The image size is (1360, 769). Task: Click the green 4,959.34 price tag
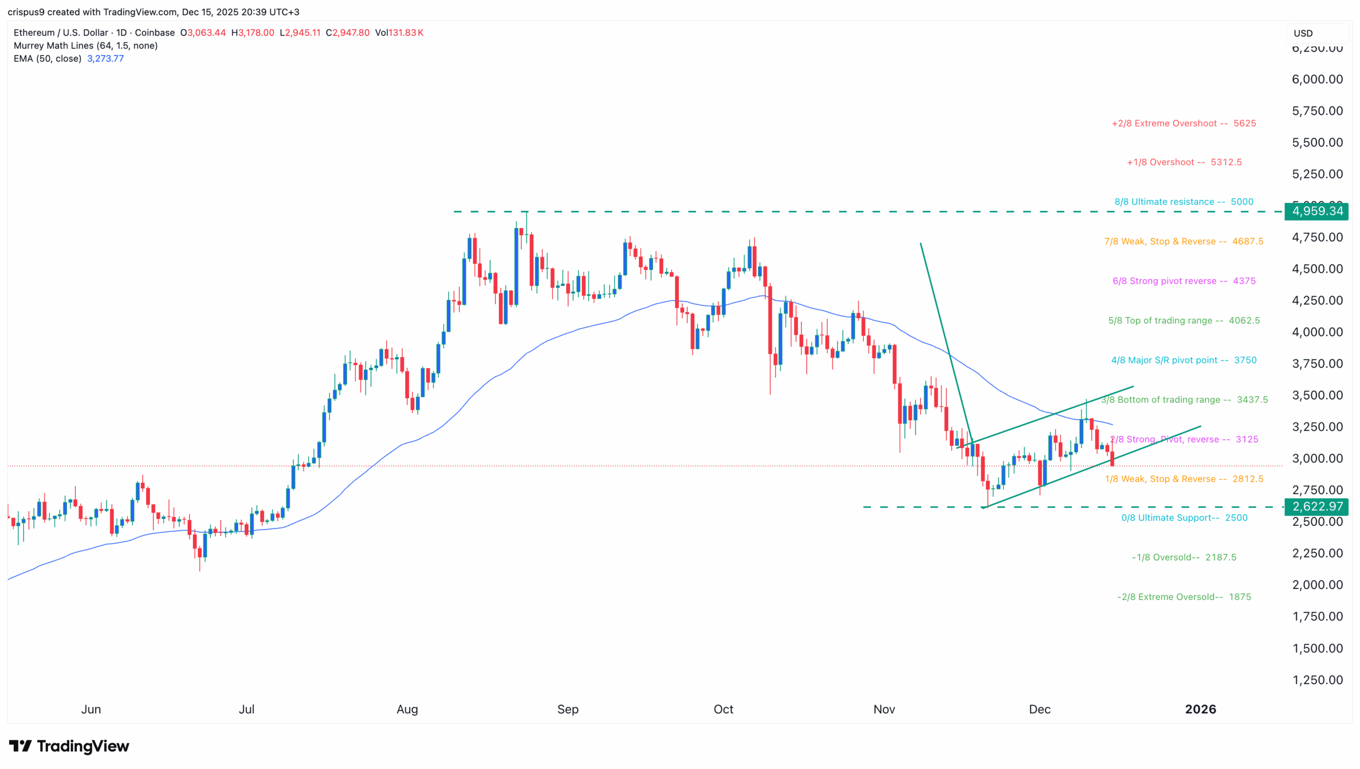(1316, 212)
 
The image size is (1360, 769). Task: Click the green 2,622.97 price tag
(1316, 506)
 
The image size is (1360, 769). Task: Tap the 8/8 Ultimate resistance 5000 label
(1183, 202)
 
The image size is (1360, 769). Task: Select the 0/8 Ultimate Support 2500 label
(1184, 518)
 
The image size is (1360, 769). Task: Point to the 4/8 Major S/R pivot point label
(1183, 360)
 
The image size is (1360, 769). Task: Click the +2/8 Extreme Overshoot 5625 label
(1183, 123)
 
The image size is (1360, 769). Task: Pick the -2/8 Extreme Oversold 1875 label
(1184, 597)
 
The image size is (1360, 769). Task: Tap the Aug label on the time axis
(407, 709)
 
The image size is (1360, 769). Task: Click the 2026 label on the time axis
(1200, 709)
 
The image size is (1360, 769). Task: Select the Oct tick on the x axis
(723, 709)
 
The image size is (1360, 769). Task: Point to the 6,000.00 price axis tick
(1317, 79)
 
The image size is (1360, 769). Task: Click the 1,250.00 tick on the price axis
(1317, 680)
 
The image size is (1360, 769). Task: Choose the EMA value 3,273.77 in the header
(105, 58)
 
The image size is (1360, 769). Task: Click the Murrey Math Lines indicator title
(86, 46)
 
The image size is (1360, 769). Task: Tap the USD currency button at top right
(1303, 33)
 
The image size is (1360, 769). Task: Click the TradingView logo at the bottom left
(69, 746)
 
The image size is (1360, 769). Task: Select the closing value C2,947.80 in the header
(347, 32)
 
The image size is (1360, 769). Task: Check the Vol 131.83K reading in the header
(399, 32)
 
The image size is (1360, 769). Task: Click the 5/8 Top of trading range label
(1183, 320)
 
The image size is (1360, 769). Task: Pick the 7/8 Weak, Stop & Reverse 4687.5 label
(1183, 241)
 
